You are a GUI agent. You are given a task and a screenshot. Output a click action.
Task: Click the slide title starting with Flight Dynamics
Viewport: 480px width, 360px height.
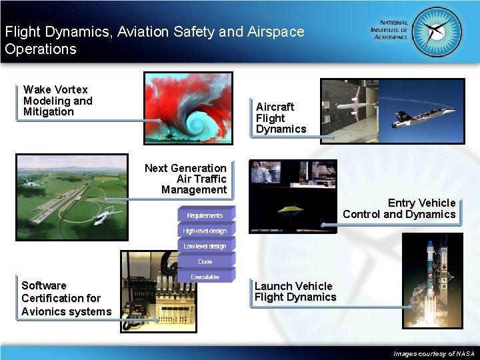153,40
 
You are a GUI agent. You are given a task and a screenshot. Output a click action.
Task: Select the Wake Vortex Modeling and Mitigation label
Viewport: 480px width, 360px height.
58,101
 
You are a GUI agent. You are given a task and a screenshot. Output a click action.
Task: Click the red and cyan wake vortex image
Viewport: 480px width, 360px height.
188,107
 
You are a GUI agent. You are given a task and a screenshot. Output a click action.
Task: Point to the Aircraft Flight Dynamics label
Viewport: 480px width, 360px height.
281,118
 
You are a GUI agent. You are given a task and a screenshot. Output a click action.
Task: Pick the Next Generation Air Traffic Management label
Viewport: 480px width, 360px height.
187,179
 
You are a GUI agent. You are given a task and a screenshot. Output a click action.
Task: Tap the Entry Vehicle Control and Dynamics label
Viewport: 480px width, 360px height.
399,209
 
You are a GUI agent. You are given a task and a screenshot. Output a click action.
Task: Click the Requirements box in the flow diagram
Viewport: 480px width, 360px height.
205,215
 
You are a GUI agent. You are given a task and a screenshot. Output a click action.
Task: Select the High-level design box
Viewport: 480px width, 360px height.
205,231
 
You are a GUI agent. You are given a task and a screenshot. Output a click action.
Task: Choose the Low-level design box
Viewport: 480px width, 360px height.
205,246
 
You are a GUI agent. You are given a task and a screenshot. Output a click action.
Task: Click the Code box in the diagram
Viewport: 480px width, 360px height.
205,261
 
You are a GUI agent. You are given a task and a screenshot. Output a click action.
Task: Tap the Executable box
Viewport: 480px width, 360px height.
205,277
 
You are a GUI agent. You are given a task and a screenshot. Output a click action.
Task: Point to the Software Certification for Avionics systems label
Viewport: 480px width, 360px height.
66,299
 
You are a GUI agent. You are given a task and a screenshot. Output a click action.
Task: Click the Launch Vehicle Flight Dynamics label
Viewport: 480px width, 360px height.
295,292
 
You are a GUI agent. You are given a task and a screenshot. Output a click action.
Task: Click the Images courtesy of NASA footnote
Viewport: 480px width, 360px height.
434,353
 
